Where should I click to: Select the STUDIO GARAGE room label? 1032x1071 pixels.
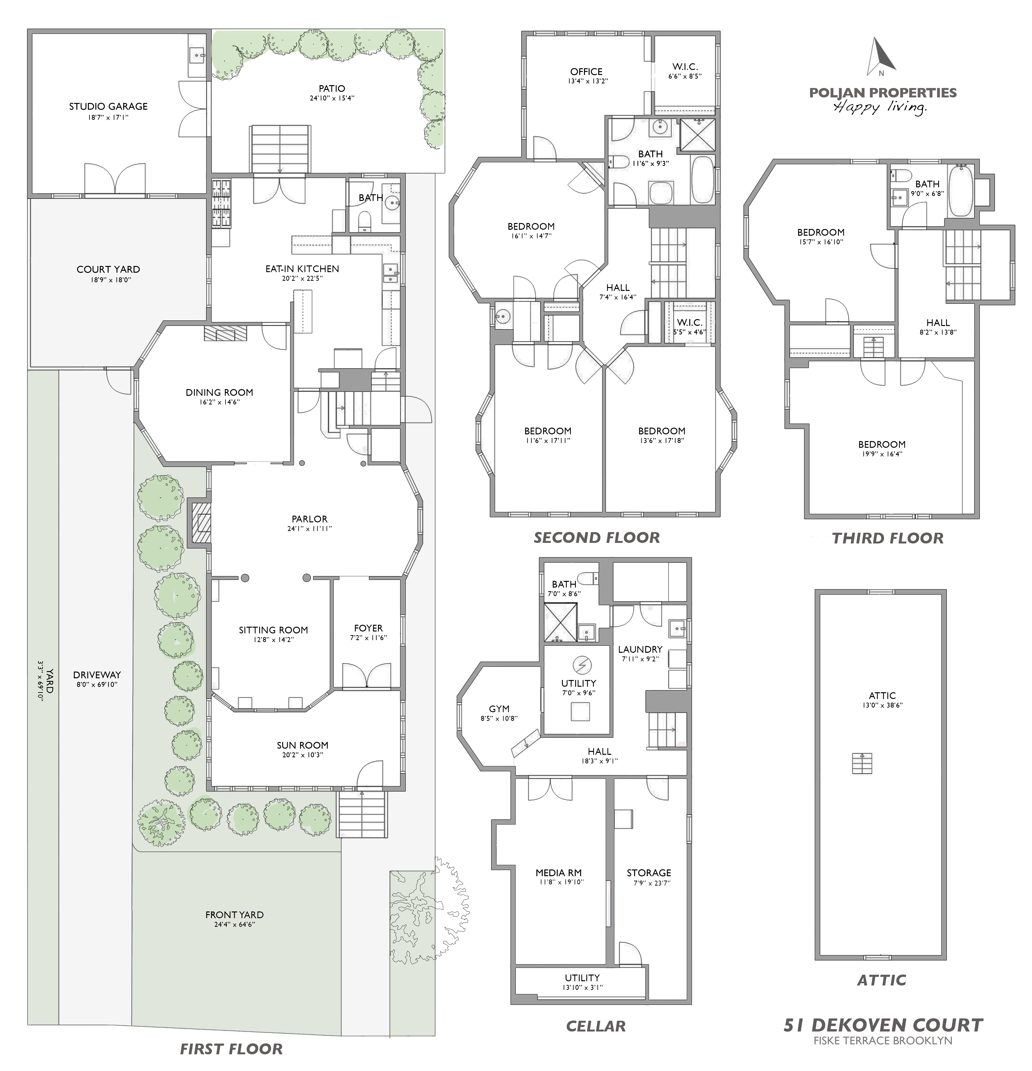click(x=108, y=107)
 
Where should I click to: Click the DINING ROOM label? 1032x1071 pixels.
click(x=219, y=392)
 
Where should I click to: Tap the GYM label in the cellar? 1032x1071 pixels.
click(x=499, y=709)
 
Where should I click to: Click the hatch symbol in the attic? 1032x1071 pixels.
click(x=862, y=763)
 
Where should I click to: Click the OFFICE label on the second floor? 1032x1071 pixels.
click(x=586, y=72)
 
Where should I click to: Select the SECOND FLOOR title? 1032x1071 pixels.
click(x=596, y=538)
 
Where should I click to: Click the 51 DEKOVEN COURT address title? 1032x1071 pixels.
click(x=883, y=1025)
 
